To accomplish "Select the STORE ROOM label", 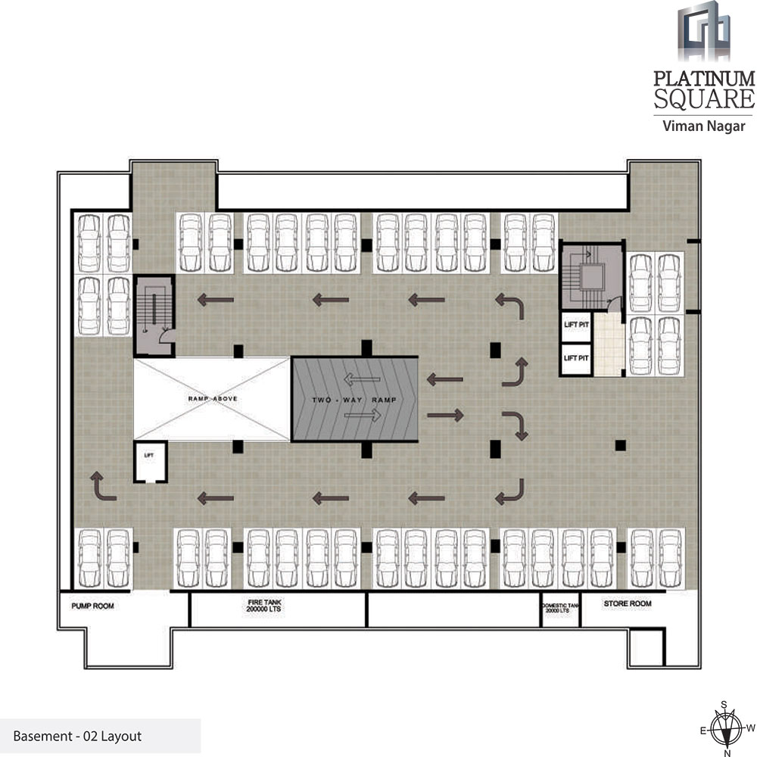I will point(627,604).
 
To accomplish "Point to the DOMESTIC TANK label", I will point(560,608).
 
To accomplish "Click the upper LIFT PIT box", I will point(576,325).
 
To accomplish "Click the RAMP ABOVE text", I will point(212,398).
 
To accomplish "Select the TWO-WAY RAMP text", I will point(354,399).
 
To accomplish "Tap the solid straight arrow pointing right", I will point(445,414).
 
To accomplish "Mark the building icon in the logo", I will point(705,31).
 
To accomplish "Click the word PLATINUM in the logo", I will point(704,79).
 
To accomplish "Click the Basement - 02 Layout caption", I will point(77,735).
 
